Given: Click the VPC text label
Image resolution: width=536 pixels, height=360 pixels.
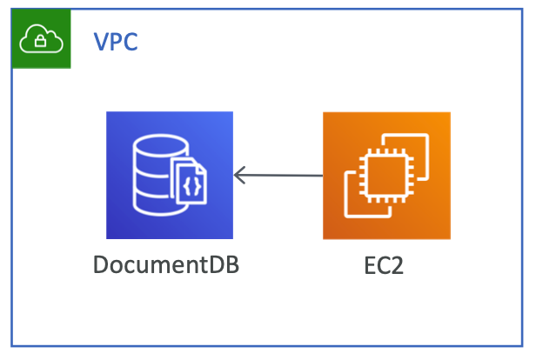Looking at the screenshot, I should click(x=116, y=41).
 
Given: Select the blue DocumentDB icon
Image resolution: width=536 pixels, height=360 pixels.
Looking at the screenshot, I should click(x=170, y=175).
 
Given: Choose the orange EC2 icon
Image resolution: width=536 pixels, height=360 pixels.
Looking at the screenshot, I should click(x=386, y=175).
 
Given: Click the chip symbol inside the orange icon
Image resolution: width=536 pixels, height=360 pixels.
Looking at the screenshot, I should click(x=385, y=175).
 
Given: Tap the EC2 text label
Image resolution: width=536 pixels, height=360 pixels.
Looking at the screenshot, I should click(x=384, y=263).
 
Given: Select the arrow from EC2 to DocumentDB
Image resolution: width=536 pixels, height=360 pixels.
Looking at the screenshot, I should click(x=278, y=176).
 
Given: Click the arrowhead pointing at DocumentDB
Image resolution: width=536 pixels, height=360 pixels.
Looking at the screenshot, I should click(x=239, y=176).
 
